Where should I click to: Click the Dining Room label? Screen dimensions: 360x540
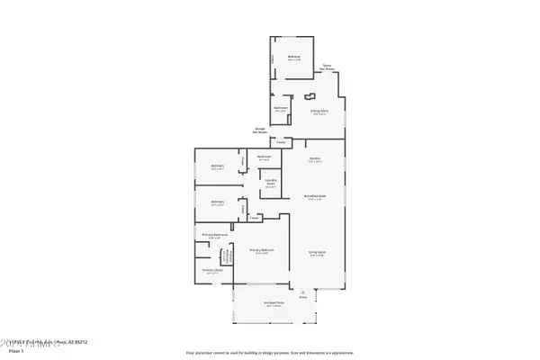click(x=318, y=112)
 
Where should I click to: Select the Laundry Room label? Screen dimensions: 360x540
click(x=269, y=183)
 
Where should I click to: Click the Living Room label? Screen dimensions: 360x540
click(x=317, y=254)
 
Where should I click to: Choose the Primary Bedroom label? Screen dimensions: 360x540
click(x=262, y=249)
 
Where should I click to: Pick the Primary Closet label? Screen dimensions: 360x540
click(x=211, y=269)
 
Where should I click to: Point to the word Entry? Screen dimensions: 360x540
click(x=304, y=296)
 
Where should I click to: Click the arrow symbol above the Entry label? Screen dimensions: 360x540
click(x=304, y=291)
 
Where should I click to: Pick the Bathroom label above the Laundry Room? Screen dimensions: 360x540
click(x=264, y=158)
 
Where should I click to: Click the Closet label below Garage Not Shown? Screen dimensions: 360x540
click(x=281, y=142)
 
